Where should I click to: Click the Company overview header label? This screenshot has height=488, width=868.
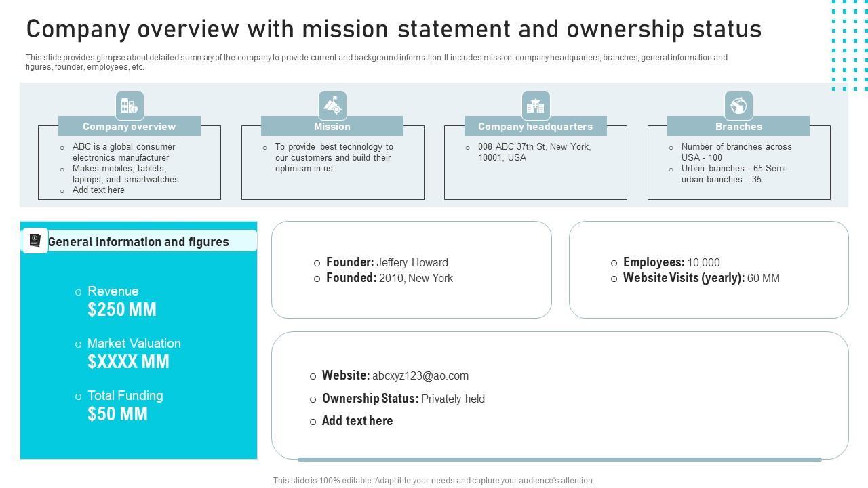(x=129, y=127)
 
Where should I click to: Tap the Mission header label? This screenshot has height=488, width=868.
(x=332, y=127)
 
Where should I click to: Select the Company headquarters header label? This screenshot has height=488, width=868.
(x=535, y=127)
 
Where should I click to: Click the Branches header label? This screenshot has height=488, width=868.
(x=738, y=127)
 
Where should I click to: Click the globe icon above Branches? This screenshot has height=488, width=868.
(x=738, y=106)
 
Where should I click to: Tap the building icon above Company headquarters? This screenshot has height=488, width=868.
(x=536, y=106)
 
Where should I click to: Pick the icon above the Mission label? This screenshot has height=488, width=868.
(x=332, y=106)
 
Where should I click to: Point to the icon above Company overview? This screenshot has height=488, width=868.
(x=130, y=106)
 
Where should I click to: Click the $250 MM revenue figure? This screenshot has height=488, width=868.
(x=122, y=310)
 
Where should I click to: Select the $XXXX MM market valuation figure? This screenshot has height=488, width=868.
(x=128, y=362)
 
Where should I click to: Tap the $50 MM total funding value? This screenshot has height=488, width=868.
(x=117, y=414)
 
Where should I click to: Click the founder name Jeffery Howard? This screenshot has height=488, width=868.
(x=412, y=262)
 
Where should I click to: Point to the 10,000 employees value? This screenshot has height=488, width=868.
(x=703, y=262)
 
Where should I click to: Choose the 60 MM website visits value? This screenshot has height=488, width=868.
(x=764, y=278)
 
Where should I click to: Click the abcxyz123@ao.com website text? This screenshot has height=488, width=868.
(x=420, y=375)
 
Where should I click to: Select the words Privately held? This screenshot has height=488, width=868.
(x=453, y=399)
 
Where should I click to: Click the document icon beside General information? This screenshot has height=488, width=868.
(x=35, y=241)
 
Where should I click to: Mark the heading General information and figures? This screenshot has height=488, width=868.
(x=138, y=242)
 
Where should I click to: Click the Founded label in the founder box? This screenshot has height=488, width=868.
(x=351, y=278)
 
